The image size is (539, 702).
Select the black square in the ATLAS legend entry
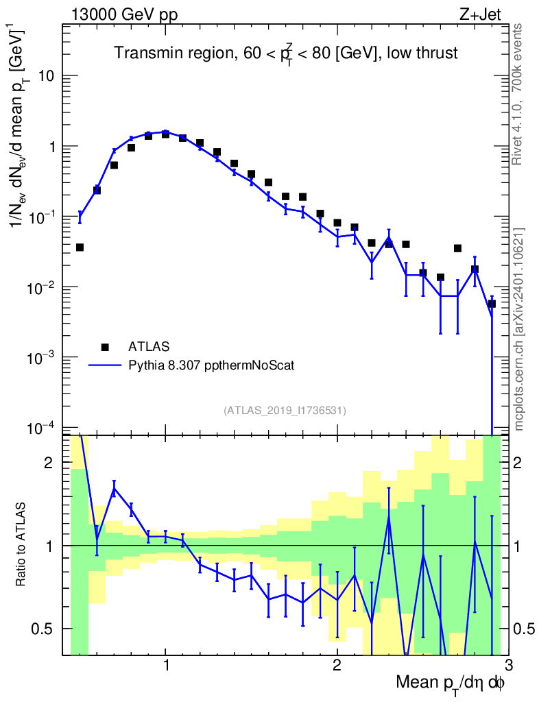pos(105,346)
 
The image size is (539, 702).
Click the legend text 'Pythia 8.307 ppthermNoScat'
pos(212,365)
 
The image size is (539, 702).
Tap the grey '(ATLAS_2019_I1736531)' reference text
pos(285,411)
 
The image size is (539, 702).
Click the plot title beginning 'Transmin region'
pos(285,53)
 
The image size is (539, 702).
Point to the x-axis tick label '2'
pos(337,666)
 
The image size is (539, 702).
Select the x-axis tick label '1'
pos(166,666)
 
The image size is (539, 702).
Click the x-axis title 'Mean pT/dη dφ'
pos(451,683)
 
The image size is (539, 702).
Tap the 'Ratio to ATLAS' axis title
pos(22,544)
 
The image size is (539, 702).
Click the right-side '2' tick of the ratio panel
pos(524,463)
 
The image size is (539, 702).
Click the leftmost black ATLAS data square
pos(80,247)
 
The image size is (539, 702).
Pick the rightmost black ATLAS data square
pos(491,304)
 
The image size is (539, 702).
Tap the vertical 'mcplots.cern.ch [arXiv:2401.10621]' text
pos(519,329)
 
